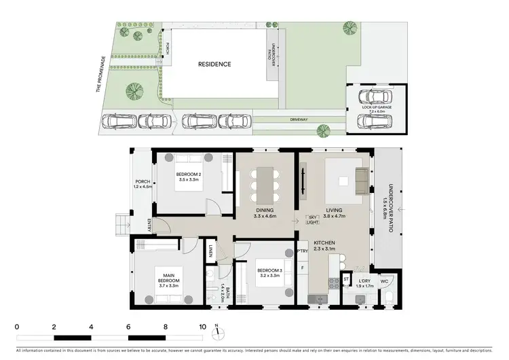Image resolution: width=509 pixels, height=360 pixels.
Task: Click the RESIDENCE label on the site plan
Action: (214, 65)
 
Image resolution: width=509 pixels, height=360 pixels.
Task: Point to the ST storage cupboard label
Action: (345, 278)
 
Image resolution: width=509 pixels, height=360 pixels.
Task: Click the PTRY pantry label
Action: (303, 251)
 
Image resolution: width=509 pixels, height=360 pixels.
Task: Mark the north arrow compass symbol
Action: (216, 332)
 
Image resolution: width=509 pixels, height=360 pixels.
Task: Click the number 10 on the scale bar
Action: (202, 327)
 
